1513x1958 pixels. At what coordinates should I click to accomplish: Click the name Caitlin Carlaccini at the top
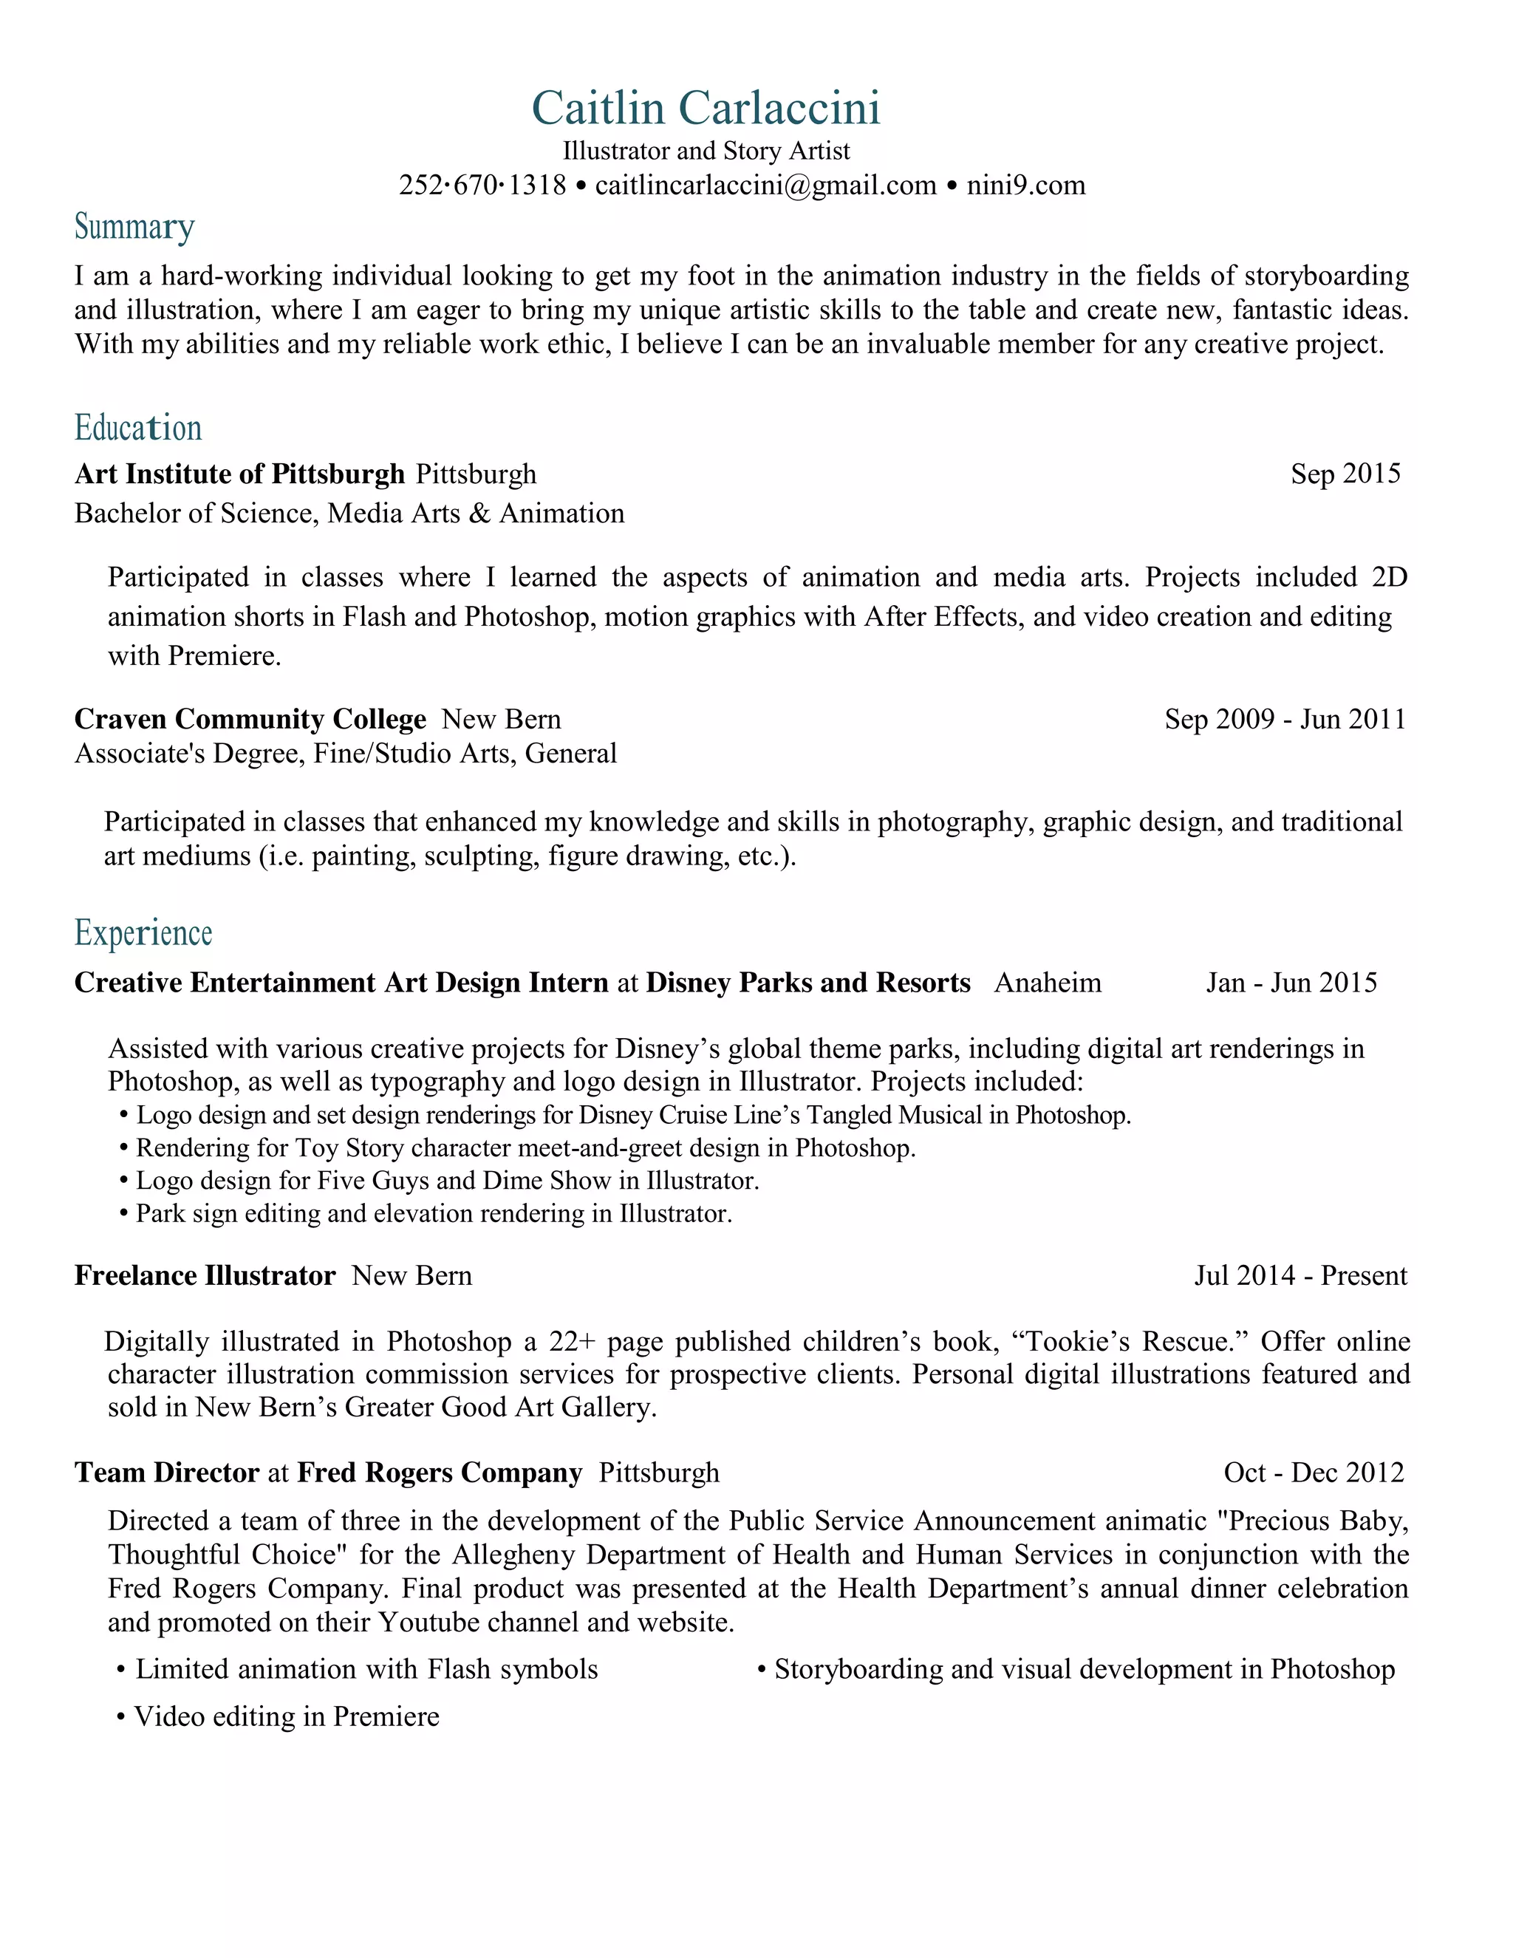(x=706, y=109)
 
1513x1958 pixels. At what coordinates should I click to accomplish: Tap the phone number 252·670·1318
(x=482, y=185)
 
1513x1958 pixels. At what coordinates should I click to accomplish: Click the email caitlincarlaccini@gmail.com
(x=765, y=185)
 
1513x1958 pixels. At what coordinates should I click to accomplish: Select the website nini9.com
(x=1025, y=185)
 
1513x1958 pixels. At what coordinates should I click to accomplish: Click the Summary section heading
(x=134, y=228)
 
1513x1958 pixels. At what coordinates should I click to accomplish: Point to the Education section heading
(x=138, y=428)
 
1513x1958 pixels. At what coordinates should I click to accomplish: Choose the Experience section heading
(x=143, y=933)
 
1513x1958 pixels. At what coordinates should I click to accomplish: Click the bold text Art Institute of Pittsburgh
(x=239, y=474)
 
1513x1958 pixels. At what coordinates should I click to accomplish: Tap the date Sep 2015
(x=1345, y=474)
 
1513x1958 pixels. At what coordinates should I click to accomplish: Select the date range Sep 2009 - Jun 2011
(x=1285, y=719)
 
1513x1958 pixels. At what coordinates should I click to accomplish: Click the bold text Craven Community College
(x=250, y=719)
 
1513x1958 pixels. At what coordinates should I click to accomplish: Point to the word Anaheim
(x=1047, y=983)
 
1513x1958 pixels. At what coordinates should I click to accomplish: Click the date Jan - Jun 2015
(x=1291, y=983)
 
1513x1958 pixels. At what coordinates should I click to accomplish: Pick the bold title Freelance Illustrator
(x=205, y=1276)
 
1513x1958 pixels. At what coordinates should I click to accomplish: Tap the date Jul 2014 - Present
(x=1299, y=1276)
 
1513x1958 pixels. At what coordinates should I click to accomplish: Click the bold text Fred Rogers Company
(x=440, y=1473)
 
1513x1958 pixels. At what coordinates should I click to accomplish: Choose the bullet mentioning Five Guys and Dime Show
(x=446, y=1181)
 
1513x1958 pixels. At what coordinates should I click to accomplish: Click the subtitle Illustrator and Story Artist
(x=706, y=151)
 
